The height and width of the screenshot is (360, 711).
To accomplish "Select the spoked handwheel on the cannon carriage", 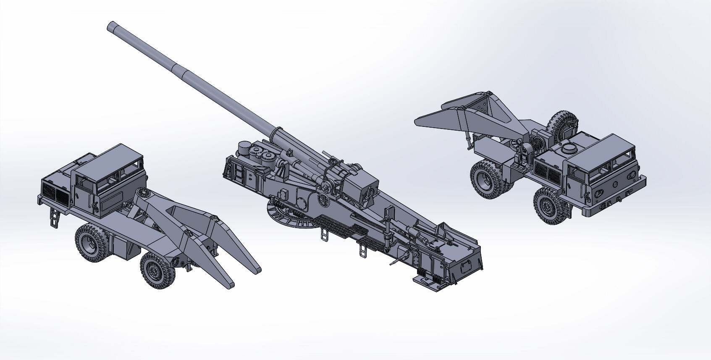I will (x=325, y=200).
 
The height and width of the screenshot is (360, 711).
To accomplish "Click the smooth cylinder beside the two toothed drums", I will (x=244, y=149).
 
